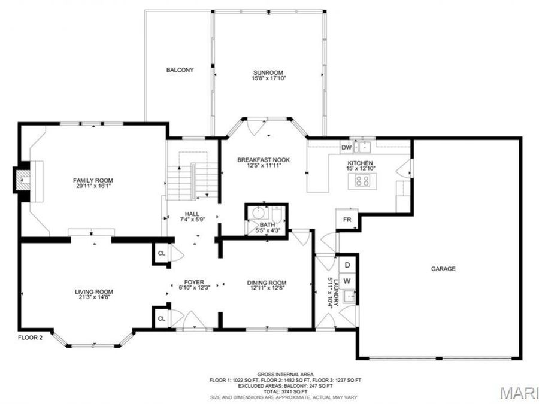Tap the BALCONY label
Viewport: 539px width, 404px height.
(180, 70)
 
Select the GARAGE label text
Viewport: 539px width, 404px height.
(443, 269)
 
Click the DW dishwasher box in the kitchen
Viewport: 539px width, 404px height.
(346, 147)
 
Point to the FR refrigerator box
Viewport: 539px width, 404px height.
(346, 220)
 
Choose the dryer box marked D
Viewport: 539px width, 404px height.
(347, 264)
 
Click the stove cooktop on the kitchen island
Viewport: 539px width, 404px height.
(362, 180)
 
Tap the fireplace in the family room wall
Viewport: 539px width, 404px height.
(23, 178)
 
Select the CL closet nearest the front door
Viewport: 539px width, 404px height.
(161, 318)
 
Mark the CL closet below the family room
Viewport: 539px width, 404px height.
(161, 253)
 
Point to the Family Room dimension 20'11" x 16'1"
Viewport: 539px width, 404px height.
(93, 186)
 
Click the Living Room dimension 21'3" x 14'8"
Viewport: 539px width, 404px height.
(94, 297)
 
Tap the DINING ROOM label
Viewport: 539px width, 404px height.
(267, 283)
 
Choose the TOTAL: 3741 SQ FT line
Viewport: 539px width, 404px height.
(285, 391)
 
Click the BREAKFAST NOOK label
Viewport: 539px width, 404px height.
(264, 160)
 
